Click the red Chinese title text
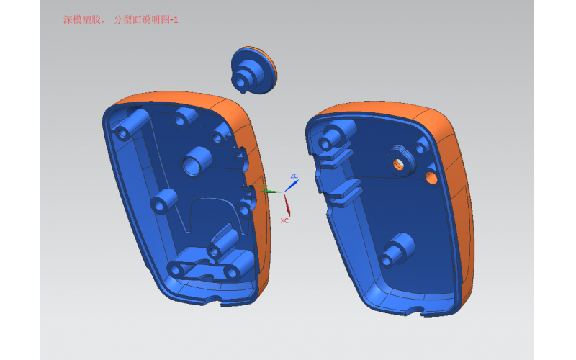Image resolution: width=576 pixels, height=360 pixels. click(120, 20)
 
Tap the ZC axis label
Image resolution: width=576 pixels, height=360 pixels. click(294, 176)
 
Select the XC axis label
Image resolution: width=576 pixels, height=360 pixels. click(284, 220)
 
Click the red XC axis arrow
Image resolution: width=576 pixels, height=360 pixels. click(287, 206)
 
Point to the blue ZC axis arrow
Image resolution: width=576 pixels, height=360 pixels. click(292, 186)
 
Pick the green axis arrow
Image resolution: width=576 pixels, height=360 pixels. click(271, 191)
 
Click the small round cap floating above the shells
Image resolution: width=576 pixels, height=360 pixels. click(254, 70)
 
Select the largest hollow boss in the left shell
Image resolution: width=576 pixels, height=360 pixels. click(197, 161)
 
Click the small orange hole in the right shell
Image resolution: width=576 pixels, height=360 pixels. click(431, 178)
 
